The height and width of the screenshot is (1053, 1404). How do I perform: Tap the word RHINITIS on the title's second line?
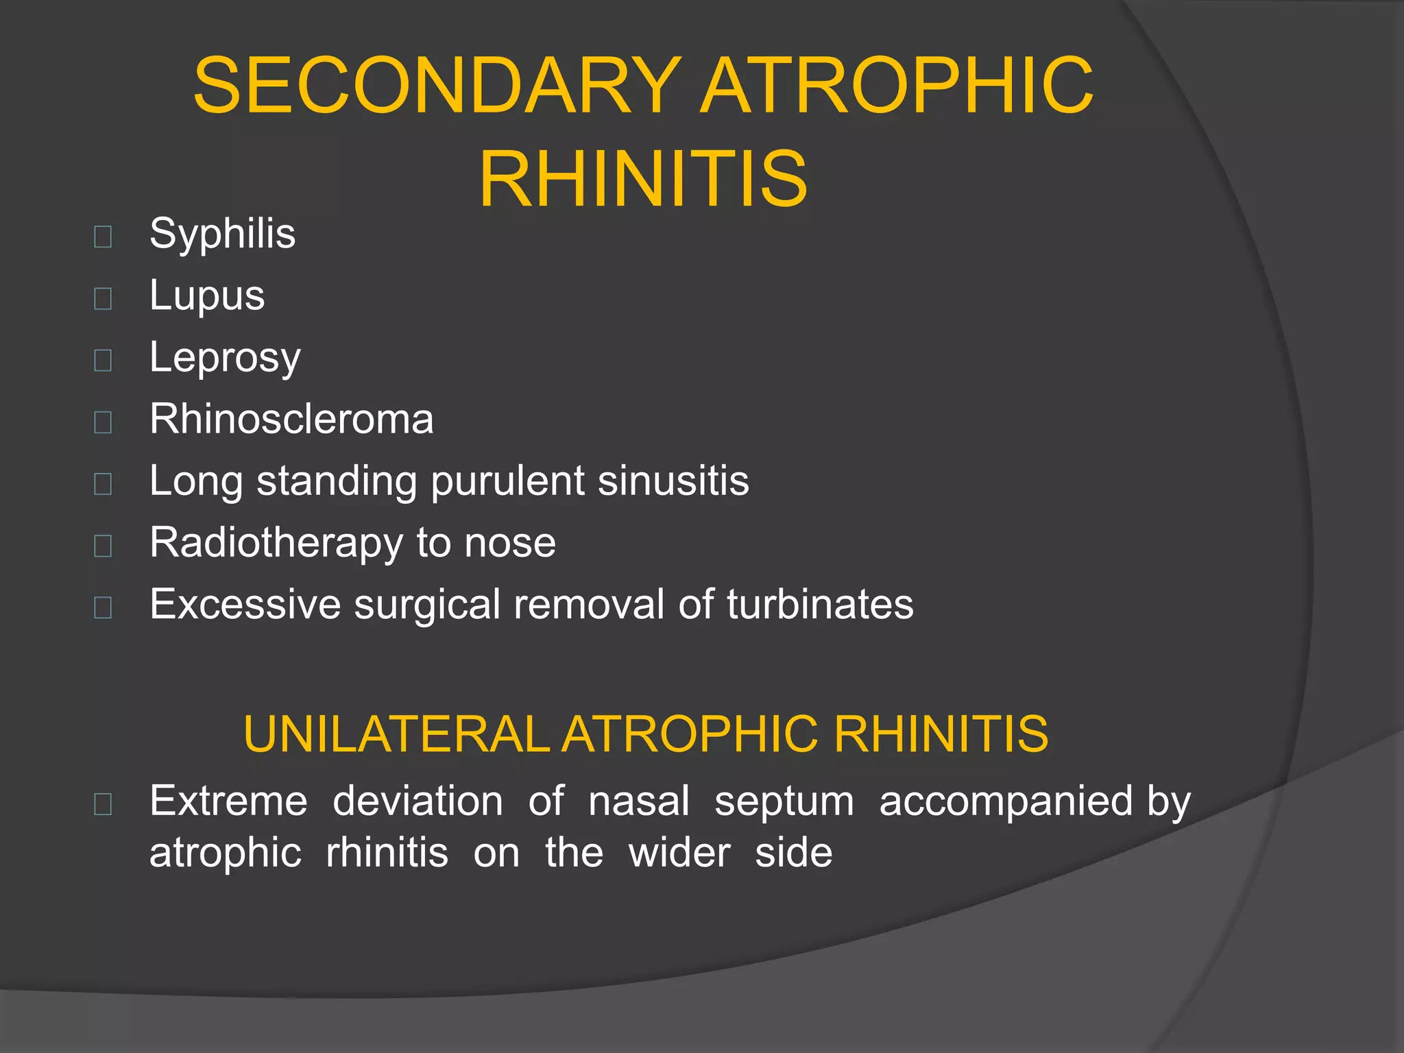point(643,180)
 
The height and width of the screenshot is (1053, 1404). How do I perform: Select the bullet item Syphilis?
point(222,234)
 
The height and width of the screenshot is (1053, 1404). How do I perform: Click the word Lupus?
point(207,295)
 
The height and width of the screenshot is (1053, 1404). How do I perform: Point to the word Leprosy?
point(225,358)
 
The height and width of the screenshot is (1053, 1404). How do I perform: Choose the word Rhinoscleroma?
point(291,419)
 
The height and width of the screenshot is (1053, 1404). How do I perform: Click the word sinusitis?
point(673,481)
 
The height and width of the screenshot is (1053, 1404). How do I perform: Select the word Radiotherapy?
point(276,543)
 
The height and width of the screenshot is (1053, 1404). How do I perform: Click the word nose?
point(509,543)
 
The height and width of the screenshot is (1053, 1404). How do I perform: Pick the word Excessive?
point(245,605)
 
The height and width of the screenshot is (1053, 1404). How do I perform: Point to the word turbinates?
point(820,605)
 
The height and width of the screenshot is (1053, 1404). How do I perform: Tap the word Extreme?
point(228,801)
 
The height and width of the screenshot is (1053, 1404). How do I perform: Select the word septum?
point(784,801)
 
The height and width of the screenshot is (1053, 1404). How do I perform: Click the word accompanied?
point(1005,801)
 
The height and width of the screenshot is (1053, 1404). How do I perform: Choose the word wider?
point(679,853)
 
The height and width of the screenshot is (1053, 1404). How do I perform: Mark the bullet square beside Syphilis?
point(103,237)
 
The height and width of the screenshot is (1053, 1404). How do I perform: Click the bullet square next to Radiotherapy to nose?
point(103,546)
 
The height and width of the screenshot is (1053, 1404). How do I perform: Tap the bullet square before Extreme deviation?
point(103,803)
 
